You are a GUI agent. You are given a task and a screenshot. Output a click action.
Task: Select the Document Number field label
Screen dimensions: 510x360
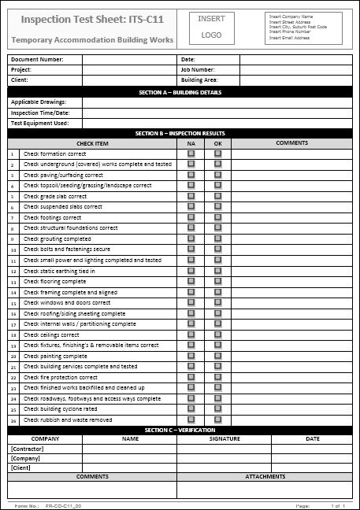click(x=37, y=59)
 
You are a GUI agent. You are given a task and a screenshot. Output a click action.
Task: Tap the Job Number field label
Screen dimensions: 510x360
click(x=198, y=69)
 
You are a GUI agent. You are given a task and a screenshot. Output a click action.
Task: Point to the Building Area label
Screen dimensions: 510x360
click(x=201, y=79)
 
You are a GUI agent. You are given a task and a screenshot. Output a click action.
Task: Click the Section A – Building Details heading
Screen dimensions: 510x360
click(x=180, y=91)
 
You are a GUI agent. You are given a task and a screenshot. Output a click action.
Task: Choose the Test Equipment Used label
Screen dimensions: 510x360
click(x=39, y=123)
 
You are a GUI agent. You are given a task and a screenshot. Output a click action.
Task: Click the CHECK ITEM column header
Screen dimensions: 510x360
click(x=92, y=143)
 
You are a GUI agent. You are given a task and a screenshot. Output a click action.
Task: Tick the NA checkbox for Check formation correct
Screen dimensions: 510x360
click(x=191, y=153)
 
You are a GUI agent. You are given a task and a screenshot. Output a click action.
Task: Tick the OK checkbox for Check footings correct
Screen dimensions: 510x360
click(x=218, y=217)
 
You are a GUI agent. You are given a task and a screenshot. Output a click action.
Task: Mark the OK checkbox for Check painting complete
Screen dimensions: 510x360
click(x=218, y=356)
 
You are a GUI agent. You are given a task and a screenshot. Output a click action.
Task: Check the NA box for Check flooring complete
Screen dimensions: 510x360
click(x=191, y=281)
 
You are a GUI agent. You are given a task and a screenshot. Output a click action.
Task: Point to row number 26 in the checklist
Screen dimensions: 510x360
click(x=13, y=420)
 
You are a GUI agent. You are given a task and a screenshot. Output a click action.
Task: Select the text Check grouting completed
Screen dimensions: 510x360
click(x=57, y=238)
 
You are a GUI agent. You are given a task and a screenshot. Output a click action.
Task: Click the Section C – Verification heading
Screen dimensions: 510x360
click(x=180, y=430)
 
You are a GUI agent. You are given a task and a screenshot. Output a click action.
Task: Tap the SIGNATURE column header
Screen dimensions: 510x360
click(x=225, y=439)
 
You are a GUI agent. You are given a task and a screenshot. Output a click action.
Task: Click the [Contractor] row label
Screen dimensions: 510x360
click(x=28, y=449)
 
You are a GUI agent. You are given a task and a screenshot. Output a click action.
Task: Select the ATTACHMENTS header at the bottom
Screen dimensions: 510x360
click(x=265, y=477)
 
